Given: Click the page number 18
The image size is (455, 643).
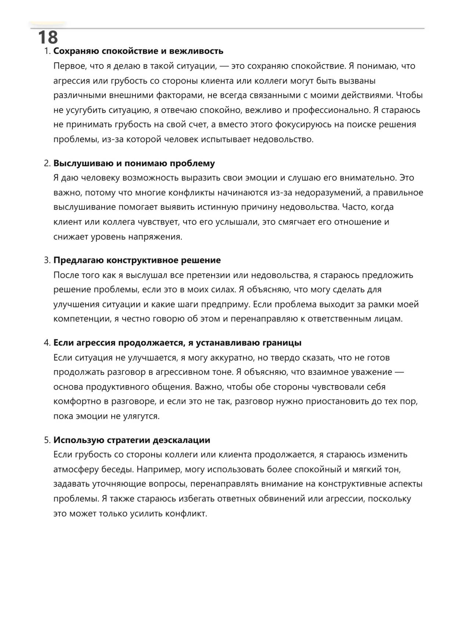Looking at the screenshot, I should click(48, 37).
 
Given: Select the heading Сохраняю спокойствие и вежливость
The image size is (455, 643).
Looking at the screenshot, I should click(138, 51).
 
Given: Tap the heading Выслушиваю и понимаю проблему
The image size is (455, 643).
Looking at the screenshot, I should click(134, 163).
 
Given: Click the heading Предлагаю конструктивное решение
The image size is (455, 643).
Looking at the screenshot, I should click(137, 260).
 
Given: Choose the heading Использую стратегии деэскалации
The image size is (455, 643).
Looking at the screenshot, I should click(132, 440).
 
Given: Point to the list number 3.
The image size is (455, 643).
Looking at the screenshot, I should click(47, 260).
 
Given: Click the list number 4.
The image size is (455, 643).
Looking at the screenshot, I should click(47, 343).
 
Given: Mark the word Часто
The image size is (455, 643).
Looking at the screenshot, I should click(354, 207).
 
